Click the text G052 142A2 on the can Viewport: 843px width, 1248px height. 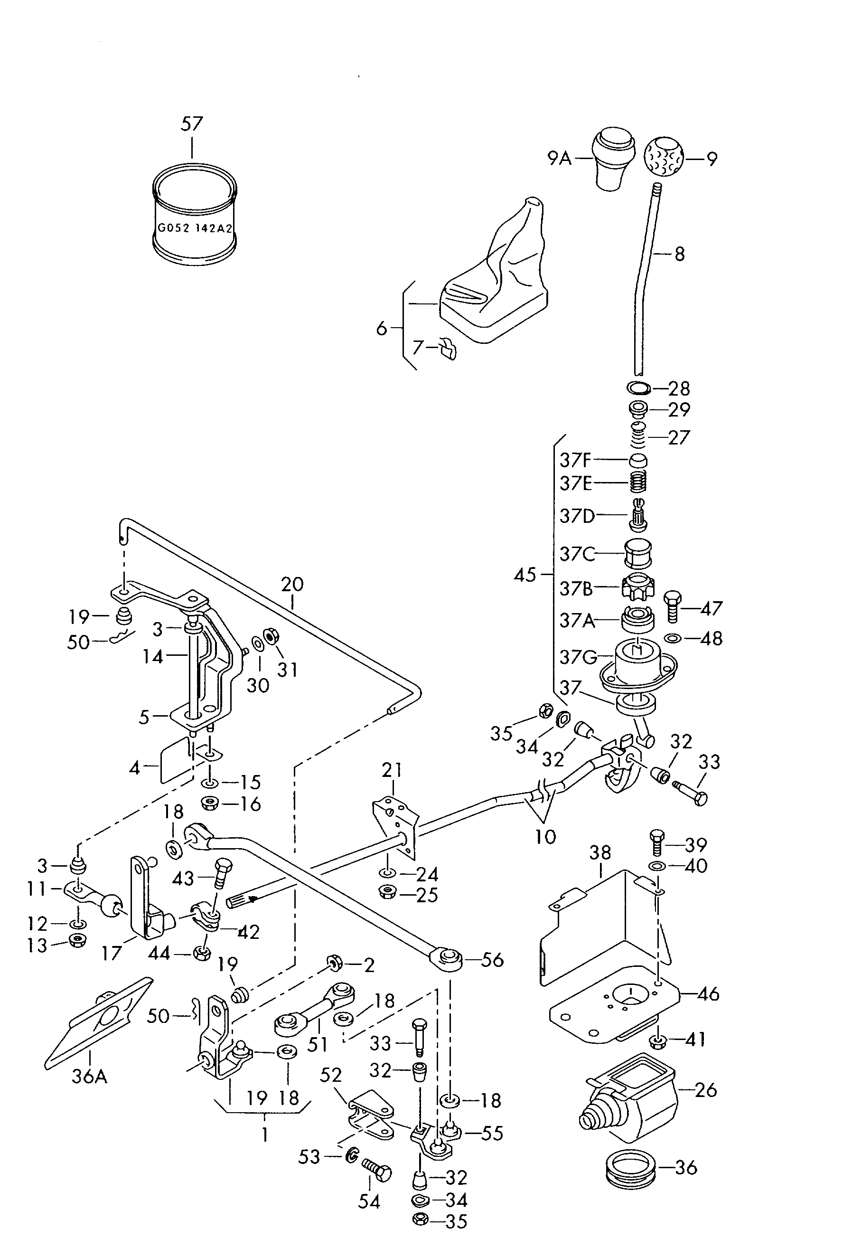[195, 227]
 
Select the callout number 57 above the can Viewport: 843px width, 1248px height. [192, 124]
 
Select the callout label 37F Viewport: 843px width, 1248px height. [575, 460]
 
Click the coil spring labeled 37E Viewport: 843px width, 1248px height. [638, 482]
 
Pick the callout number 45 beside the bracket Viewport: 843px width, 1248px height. [525, 575]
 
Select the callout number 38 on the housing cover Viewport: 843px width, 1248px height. [600, 852]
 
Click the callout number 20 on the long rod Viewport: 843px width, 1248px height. [292, 584]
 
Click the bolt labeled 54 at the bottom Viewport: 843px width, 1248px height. [377, 1170]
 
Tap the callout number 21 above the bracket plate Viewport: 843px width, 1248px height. [392, 770]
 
